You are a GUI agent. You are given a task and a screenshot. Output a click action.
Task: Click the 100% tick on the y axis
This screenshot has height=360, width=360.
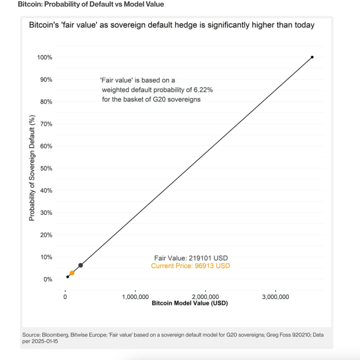tap(45, 57)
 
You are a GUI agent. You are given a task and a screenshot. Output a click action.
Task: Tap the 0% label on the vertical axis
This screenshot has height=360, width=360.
tap(47, 279)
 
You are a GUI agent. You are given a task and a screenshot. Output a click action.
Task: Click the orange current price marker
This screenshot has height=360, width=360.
tap(72, 273)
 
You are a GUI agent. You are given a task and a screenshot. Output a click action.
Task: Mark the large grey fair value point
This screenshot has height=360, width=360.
tap(81, 265)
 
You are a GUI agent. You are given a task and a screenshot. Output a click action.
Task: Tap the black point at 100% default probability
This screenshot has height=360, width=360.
tap(312, 57)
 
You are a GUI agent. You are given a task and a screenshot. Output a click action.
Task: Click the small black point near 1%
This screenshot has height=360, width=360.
tap(68, 277)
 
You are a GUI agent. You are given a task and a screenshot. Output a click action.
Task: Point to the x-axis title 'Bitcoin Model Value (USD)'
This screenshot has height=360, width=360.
tap(189, 303)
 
